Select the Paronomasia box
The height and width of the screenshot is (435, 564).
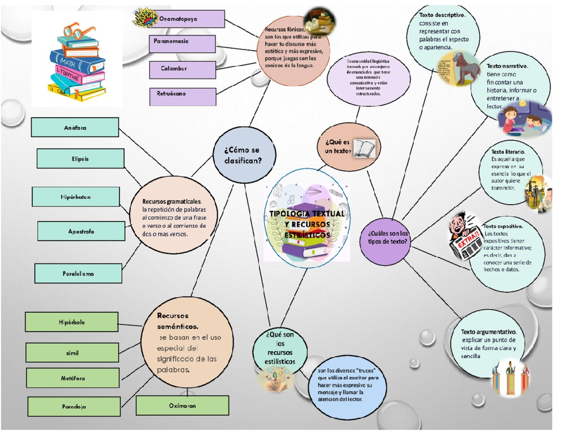click(182, 44)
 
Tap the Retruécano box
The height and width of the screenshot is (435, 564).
click(182, 96)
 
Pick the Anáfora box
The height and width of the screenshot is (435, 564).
click(75, 127)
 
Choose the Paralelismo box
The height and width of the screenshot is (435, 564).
click(78, 273)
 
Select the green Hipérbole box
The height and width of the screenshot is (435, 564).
click(71, 322)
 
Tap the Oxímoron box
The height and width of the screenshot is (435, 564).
click(183, 406)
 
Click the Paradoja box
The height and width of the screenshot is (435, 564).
click(74, 406)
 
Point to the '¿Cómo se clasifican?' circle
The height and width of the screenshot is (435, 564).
click(243, 155)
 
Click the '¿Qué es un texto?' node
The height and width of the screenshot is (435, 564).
click(349, 147)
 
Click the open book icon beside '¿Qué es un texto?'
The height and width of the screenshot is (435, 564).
click(365, 148)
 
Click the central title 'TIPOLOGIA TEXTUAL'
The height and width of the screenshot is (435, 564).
click(307, 214)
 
